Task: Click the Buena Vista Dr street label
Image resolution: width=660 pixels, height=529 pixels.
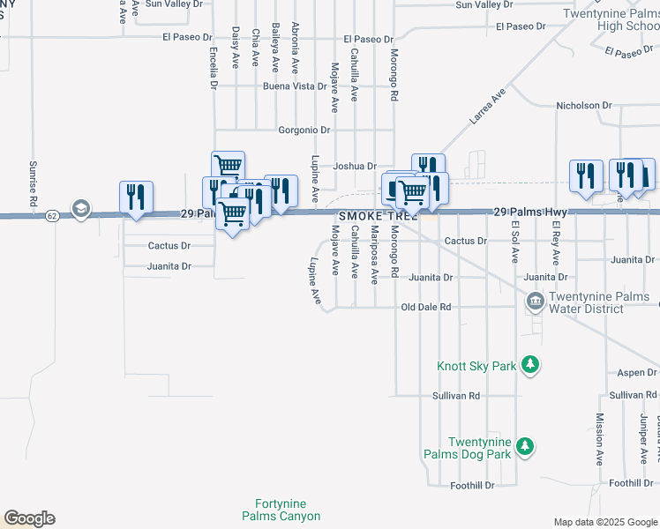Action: tap(296, 86)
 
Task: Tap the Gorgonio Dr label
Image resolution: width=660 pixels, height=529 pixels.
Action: tap(304, 130)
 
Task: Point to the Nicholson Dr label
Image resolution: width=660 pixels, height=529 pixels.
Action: tap(583, 106)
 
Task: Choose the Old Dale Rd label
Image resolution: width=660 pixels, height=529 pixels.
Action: tap(426, 307)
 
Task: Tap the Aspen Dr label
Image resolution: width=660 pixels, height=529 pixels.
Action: tap(637, 373)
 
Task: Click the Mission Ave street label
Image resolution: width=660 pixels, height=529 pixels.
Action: tap(599, 439)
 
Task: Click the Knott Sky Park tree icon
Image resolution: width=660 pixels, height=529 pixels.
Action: tap(529, 365)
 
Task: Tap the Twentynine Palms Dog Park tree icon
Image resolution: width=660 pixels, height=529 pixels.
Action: tap(525, 447)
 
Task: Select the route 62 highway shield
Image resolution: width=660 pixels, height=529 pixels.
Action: tap(53, 215)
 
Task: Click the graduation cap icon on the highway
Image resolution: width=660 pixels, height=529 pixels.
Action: tap(81, 209)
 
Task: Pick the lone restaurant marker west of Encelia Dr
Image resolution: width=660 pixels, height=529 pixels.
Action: tap(136, 197)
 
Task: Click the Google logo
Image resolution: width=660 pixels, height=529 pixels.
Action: tap(29, 518)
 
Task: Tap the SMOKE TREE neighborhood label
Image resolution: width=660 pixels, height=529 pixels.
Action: tap(377, 215)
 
